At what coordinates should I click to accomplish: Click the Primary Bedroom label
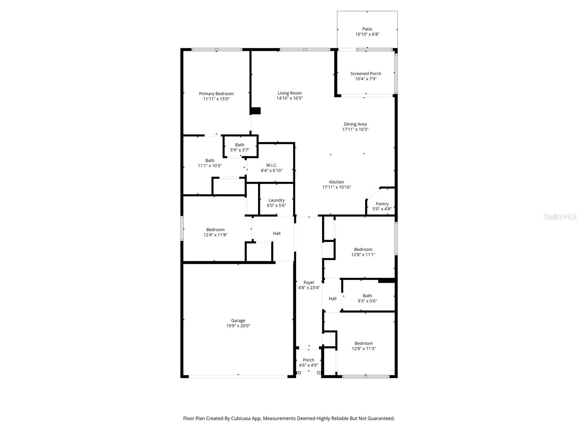tap(216, 94)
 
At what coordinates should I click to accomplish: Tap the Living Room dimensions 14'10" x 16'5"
tap(289, 98)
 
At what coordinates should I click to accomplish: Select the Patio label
tap(367, 29)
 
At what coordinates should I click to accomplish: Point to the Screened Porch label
tap(366, 74)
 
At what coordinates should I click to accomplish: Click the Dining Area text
tap(355, 124)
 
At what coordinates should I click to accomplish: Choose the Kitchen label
tap(336, 182)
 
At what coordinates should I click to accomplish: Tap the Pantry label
tap(382, 204)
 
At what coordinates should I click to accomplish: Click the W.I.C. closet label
tap(272, 165)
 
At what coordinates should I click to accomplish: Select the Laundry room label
tap(276, 200)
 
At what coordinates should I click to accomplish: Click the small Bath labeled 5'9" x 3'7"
tap(240, 147)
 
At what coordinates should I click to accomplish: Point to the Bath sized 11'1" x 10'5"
tap(210, 163)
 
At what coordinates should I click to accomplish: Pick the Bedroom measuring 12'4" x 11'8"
tap(215, 232)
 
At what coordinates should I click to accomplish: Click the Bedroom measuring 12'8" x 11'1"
tap(363, 252)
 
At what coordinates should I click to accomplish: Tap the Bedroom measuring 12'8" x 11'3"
tap(363, 346)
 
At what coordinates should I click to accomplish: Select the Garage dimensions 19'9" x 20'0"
tap(238, 326)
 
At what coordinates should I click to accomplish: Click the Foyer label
tap(309, 283)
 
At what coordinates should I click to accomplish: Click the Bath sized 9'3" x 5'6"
tap(367, 298)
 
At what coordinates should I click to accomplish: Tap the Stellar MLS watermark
tap(560, 217)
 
